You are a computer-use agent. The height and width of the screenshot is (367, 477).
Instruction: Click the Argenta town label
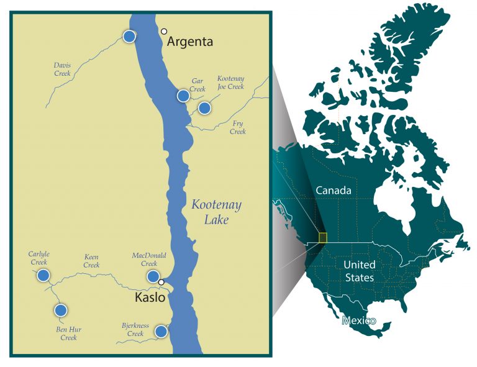(x=191, y=42)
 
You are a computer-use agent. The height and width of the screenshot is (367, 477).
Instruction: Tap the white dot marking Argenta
(x=164, y=31)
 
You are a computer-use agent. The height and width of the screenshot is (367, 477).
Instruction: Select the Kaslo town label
(x=150, y=297)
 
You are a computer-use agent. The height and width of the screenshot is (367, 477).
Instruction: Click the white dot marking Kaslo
(x=161, y=283)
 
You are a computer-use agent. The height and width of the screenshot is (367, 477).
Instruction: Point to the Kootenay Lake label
(x=216, y=212)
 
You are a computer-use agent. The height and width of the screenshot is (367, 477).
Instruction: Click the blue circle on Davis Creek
(x=129, y=37)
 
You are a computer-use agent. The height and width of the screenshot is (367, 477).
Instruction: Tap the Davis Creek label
(x=62, y=68)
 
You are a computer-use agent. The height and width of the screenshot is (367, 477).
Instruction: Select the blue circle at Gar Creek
(x=183, y=96)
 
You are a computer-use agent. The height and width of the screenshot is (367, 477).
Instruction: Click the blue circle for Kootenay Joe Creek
(x=204, y=108)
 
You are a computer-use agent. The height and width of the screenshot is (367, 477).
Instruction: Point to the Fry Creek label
(x=238, y=127)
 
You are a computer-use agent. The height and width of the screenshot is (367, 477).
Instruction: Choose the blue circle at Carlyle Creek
(x=43, y=275)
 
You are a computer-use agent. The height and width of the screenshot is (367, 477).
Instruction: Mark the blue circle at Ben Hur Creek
(x=60, y=310)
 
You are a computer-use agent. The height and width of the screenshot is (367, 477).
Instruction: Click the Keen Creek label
(x=91, y=261)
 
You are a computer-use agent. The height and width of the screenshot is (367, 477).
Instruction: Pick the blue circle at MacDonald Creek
(x=152, y=276)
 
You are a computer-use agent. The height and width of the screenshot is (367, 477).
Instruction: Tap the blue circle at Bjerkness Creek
(x=161, y=331)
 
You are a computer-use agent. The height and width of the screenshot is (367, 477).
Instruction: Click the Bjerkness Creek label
(x=135, y=329)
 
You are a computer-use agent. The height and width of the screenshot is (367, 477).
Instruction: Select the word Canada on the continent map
(x=334, y=190)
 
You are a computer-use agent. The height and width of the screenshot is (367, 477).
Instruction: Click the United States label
(x=360, y=271)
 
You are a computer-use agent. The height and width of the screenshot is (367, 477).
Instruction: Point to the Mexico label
(x=359, y=320)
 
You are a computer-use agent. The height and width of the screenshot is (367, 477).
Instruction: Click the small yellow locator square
(x=322, y=237)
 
